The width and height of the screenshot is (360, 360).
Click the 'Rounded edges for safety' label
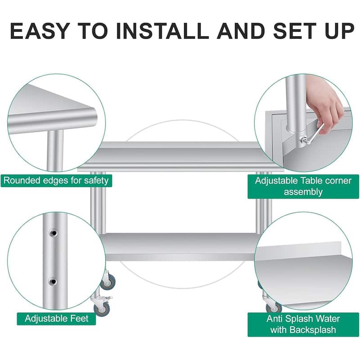point(56,181)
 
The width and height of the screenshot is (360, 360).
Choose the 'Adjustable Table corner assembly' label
point(303,186)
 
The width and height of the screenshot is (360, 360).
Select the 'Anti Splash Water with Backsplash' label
point(303,324)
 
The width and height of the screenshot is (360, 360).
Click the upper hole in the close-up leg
point(53,233)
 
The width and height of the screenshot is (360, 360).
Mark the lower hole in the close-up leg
point(53,281)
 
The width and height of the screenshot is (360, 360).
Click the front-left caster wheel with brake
point(99,306)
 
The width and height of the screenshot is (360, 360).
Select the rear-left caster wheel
point(108,283)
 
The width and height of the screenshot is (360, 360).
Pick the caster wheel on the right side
point(273,308)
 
